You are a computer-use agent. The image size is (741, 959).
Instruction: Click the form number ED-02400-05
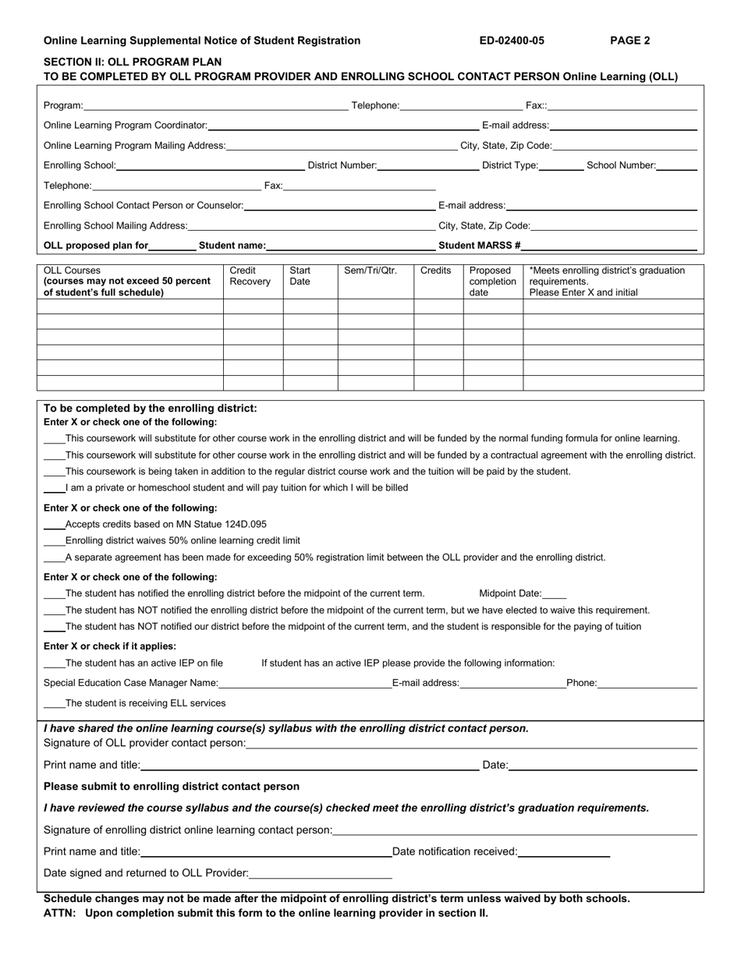512,41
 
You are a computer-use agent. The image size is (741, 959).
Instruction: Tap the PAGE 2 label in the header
629,41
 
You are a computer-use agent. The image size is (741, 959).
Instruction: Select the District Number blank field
428,165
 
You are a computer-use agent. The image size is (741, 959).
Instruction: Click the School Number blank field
677,165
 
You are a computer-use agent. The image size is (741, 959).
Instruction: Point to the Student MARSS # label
480,245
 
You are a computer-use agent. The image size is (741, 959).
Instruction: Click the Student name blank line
350,246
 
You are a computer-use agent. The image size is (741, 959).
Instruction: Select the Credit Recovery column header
250,276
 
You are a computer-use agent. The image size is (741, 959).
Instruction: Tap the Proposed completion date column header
492,281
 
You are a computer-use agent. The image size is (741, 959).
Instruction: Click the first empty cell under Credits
438,306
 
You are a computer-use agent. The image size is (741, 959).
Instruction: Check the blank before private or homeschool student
55,489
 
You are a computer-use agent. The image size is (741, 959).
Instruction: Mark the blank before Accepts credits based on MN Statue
55,526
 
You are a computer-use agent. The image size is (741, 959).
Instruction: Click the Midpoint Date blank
555,594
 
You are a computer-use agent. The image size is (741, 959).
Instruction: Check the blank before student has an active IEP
55,664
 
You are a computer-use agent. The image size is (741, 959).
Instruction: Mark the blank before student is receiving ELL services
55,704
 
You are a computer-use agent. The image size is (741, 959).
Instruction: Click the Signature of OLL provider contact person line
471,744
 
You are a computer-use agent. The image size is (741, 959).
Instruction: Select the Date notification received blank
563,852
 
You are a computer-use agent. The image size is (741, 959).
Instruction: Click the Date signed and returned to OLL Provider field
321,874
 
